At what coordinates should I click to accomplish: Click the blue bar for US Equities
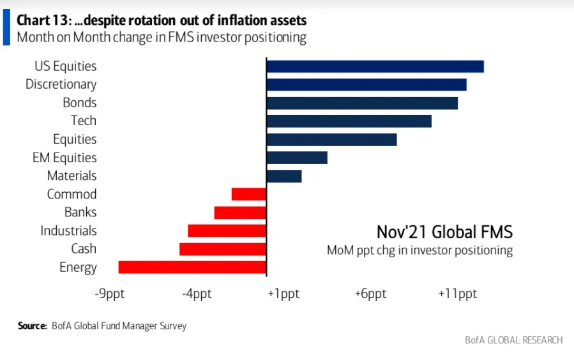tap(375, 66)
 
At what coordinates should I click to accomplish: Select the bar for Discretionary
tap(366, 85)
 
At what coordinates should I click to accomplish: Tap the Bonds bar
tap(362, 103)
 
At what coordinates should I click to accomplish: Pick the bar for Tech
tap(349, 121)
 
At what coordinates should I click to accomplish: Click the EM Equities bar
tap(297, 158)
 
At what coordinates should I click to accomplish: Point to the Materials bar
tap(283, 176)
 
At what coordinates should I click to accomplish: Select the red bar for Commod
tap(249, 194)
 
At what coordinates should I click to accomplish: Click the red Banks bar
tap(240, 213)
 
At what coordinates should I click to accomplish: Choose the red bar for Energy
tap(192, 267)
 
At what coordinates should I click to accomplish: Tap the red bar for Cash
tap(223, 249)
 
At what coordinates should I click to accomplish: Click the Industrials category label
tap(68, 230)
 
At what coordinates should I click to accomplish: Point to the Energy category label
tap(78, 267)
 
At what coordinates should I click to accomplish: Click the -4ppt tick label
tap(196, 294)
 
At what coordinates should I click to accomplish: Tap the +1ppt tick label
tap(283, 294)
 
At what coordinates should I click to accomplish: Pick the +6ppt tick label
tap(371, 294)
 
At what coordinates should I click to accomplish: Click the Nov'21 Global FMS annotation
tap(444, 231)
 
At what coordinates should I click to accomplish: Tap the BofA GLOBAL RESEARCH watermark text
tap(514, 340)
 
